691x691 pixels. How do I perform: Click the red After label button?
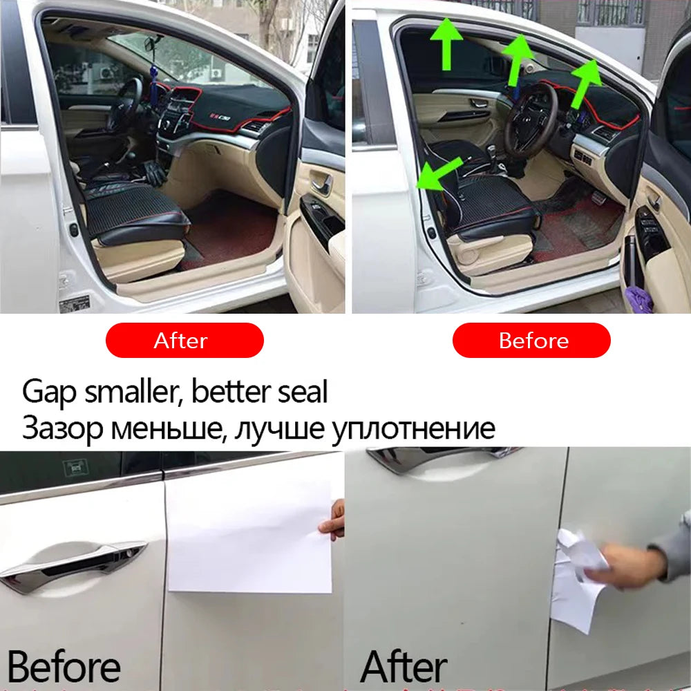pos(184,340)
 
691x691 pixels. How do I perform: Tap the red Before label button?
pos(531,340)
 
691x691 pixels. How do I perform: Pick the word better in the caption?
pos(229,392)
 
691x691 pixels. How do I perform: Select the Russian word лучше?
pos(278,428)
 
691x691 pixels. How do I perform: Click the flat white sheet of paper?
pos(249,532)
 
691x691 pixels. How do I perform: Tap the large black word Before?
pos(64,667)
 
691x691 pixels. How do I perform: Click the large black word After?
pos(404,667)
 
